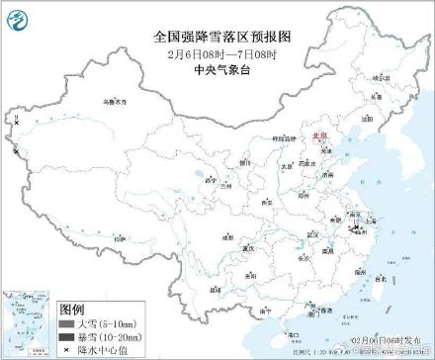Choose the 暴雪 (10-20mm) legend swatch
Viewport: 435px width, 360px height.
tap(67, 337)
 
